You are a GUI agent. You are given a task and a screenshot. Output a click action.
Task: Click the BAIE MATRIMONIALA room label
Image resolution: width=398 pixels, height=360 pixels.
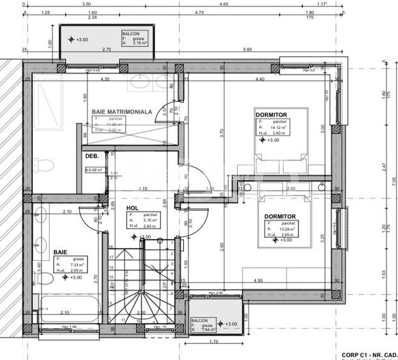(121, 111)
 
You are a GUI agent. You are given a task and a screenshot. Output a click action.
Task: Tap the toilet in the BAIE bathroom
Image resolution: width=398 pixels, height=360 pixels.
(43, 277)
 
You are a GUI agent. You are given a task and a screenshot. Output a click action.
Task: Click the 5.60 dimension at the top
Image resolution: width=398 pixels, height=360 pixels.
(247, 49)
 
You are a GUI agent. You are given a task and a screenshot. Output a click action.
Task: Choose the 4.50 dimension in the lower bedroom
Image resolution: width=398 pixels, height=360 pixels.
(258, 281)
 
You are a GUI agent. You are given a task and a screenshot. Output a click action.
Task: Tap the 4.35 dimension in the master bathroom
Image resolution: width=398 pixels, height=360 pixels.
(104, 79)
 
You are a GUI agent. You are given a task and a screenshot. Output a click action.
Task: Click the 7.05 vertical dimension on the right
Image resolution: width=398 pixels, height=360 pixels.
(385, 180)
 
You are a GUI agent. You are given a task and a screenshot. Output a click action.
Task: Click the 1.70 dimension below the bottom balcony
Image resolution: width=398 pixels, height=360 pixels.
(214, 341)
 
